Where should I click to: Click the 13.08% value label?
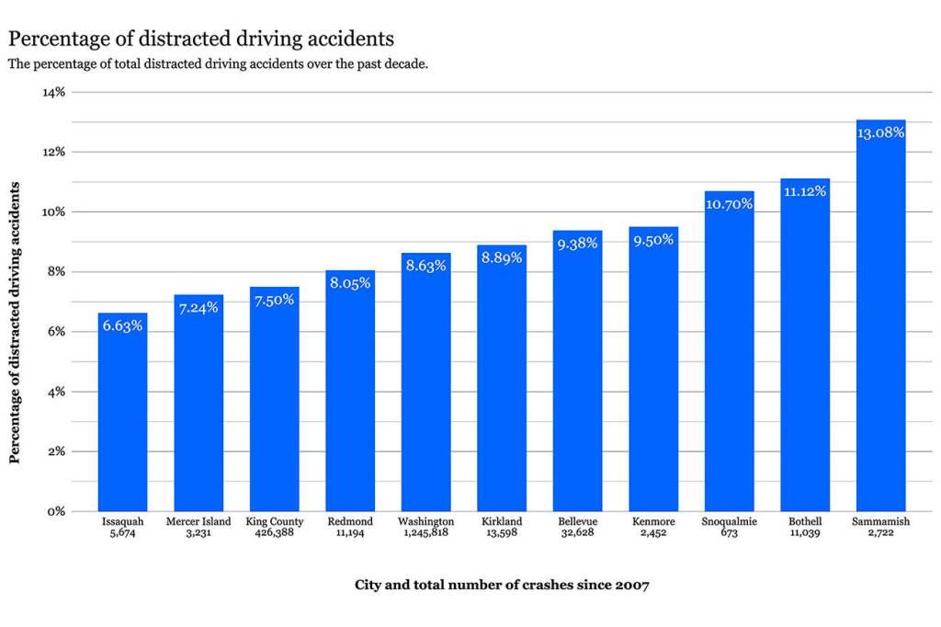point(880,132)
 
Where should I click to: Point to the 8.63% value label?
point(425,266)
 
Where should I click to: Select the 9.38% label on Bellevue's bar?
point(577,244)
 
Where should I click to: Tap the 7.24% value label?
point(198,307)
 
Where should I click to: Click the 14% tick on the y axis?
point(53,92)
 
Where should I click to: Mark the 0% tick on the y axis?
point(56,511)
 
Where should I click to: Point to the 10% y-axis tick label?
point(53,211)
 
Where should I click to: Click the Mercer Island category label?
point(198,521)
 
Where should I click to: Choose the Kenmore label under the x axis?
point(653,521)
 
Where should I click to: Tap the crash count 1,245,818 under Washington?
point(425,532)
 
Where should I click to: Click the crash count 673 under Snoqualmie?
point(729,532)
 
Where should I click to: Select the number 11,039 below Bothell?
point(805,532)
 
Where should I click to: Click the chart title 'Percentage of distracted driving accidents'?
point(200,39)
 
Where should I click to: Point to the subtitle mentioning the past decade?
point(218,64)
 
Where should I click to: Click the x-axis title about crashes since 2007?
point(502,585)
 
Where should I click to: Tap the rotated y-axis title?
point(15,323)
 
